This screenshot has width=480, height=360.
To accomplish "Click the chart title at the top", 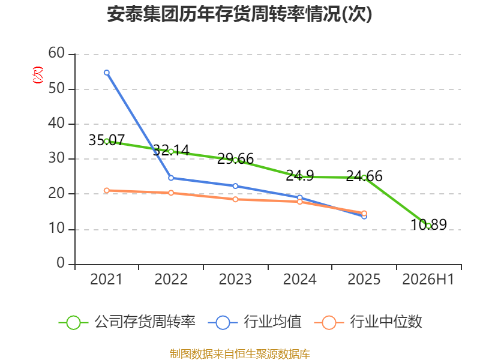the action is pyautogui.click(x=239, y=14).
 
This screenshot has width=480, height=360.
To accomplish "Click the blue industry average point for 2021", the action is pyautogui.click(x=107, y=73).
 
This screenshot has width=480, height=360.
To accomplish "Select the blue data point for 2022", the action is pyautogui.click(x=171, y=178).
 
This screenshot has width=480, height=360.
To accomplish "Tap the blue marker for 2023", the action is pyautogui.click(x=235, y=186).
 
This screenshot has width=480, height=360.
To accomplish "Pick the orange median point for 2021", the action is pyautogui.click(x=107, y=190).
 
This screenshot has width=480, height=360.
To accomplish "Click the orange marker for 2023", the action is pyautogui.click(x=235, y=199).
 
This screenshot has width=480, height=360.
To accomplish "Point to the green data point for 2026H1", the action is pyautogui.click(x=428, y=226).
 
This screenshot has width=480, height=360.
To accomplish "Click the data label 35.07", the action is pyautogui.click(x=107, y=140).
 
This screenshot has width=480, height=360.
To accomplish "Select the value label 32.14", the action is pyautogui.click(x=171, y=150).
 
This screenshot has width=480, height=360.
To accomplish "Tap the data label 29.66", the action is pyautogui.click(x=235, y=159).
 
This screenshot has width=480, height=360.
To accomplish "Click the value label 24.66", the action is pyautogui.click(x=364, y=176).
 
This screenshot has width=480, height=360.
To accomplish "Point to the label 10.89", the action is pyautogui.click(x=428, y=224).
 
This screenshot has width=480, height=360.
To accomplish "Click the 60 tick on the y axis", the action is pyautogui.click(x=56, y=53).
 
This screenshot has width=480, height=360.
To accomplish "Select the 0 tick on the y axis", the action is pyautogui.click(x=61, y=263).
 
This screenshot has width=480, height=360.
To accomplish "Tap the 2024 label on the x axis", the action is pyautogui.click(x=299, y=279).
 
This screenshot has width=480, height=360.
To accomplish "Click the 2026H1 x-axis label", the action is pyautogui.click(x=428, y=279).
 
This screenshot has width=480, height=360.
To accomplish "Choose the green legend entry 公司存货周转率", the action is pyautogui.click(x=127, y=322).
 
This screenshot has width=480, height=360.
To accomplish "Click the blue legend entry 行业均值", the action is pyautogui.click(x=254, y=322).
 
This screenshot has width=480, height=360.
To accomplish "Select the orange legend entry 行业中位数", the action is pyautogui.click(x=368, y=322).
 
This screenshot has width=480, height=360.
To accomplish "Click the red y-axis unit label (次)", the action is pyautogui.click(x=38, y=75).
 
